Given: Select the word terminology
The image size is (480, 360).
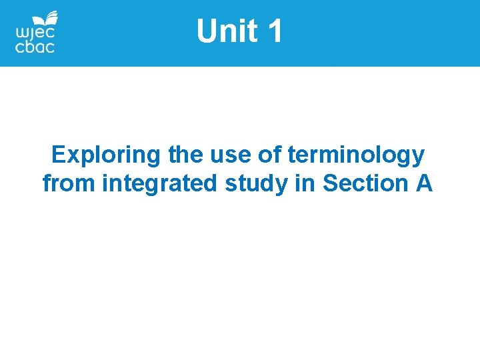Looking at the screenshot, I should [356, 155].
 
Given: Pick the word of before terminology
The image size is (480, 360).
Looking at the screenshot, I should [269, 155].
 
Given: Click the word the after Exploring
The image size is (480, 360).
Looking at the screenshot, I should [185, 155].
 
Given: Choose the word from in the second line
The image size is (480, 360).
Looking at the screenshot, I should [69, 183].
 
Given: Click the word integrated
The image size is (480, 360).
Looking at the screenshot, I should [159, 183].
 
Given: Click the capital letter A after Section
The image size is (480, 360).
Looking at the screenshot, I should [424, 183].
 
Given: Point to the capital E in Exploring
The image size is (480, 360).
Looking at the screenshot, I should [59, 155].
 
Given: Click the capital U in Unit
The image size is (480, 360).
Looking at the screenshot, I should [207, 31].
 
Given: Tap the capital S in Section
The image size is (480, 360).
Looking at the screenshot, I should [330, 183].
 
